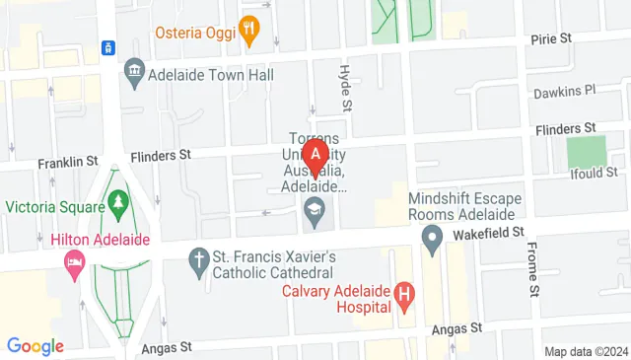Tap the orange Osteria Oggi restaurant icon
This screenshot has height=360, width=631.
(248, 32)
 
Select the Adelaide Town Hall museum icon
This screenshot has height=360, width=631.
(134, 72)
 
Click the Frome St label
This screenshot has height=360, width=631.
(533, 269)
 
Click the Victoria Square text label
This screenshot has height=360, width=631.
(54, 207)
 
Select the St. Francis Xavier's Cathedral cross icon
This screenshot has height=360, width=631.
(197, 261)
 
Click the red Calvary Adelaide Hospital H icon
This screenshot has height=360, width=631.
(402, 293)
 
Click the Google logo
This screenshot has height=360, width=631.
(35, 345)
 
